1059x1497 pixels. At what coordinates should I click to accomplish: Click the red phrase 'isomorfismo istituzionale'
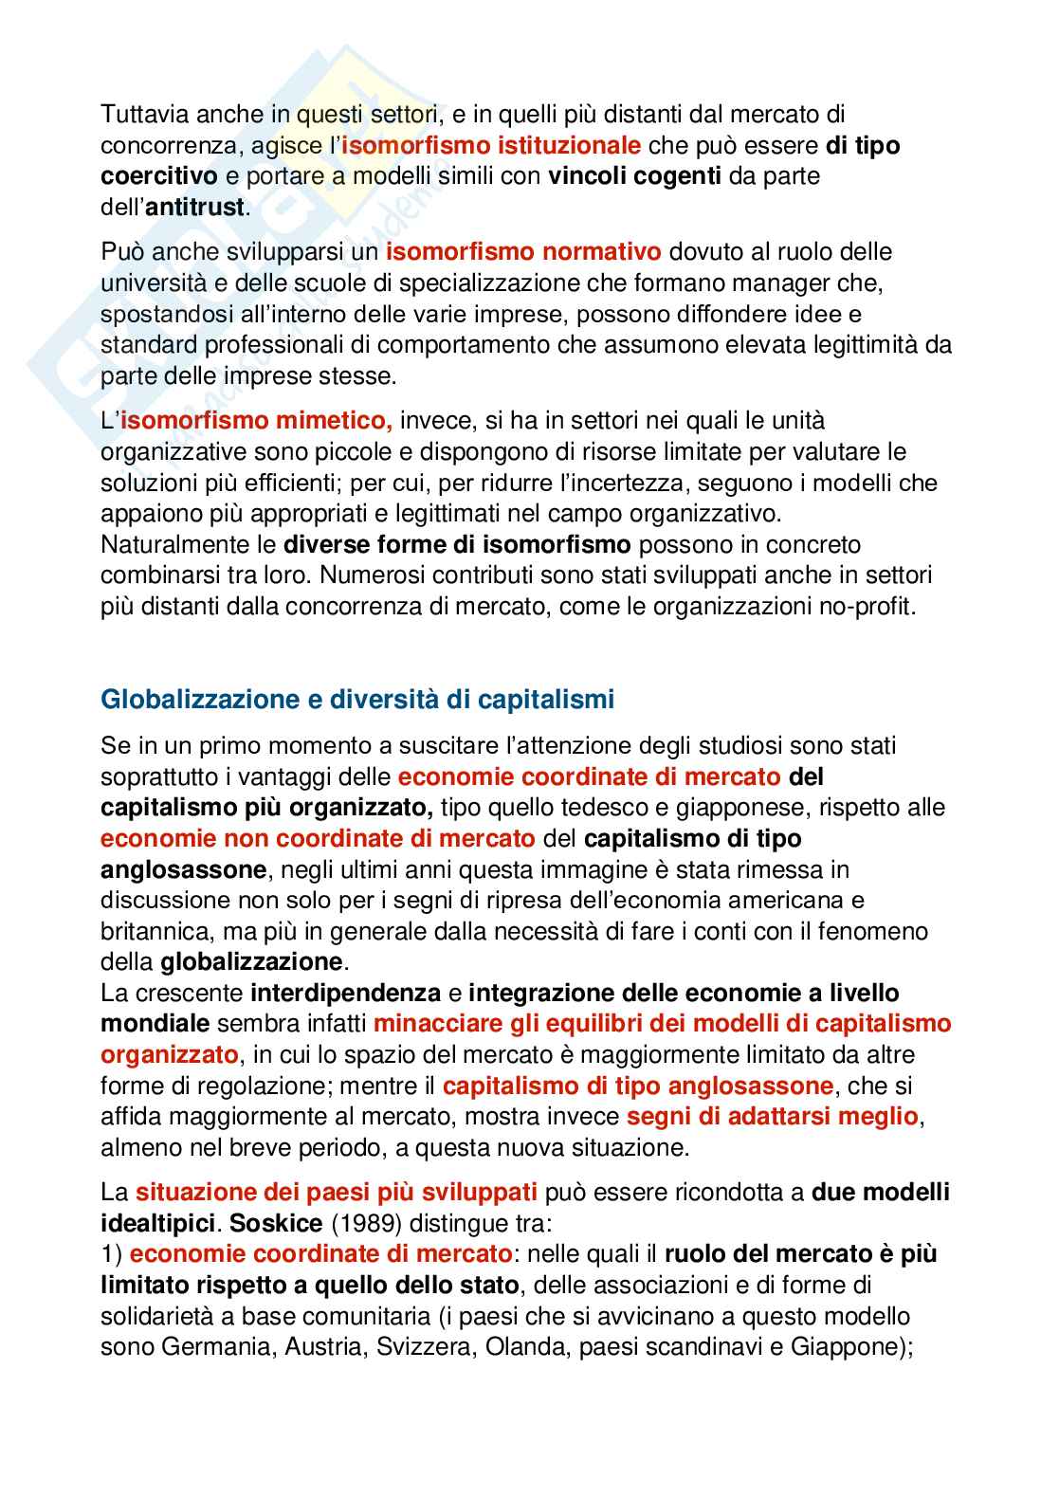click(x=491, y=145)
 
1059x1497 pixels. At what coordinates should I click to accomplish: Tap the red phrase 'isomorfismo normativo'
click(x=523, y=252)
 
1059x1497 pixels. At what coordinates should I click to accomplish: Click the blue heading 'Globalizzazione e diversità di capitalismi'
click(x=357, y=701)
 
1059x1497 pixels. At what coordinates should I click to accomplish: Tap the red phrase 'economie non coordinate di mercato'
click(x=318, y=839)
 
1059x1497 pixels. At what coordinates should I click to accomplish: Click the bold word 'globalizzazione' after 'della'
click(x=251, y=962)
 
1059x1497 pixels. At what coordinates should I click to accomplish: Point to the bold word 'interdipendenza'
click(x=346, y=994)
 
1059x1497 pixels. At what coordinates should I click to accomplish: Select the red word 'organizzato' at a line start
click(x=169, y=1055)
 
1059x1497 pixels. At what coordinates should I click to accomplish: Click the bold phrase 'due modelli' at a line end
click(x=881, y=1192)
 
